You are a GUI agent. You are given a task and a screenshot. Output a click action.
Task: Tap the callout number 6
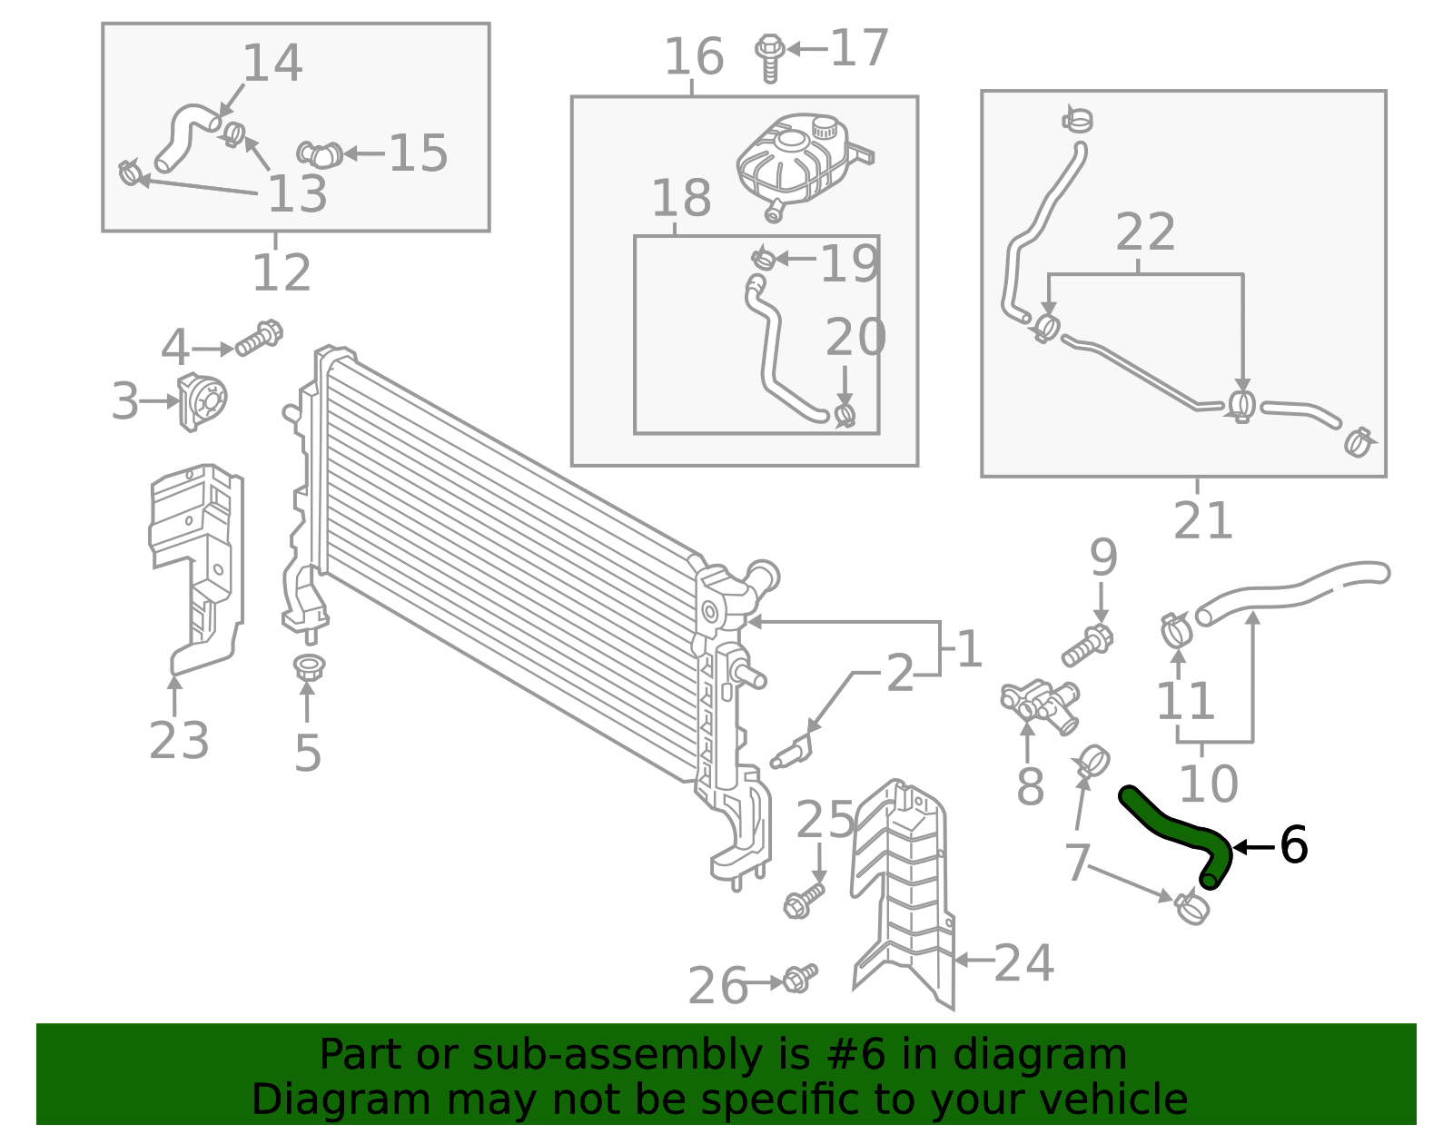(x=1293, y=845)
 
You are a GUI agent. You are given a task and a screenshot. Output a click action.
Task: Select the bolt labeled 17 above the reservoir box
(x=770, y=55)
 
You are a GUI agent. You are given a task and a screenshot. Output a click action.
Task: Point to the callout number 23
(x=179, y=740)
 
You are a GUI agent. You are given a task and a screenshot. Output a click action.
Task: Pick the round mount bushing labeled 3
(x=203, y=401)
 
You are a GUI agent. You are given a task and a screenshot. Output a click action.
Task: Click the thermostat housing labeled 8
(x=1041, y=705)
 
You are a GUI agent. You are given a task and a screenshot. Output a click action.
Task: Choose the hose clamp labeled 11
(x=1177, y=628)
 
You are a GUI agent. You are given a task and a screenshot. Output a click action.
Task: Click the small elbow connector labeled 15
(x=320, y=154)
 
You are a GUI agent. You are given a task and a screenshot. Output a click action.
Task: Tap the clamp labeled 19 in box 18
(x=763, y=260)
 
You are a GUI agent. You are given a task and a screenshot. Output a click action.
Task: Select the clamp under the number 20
(x=845, y=416)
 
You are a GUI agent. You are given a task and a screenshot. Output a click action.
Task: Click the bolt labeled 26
(x=800, y=978)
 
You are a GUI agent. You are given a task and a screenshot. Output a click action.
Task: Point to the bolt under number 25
(x=804, y=899)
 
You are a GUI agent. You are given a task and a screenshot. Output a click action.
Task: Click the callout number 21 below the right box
(x=1202, y=521)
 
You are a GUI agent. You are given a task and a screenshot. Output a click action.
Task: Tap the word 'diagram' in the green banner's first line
(x=1061, y=1055)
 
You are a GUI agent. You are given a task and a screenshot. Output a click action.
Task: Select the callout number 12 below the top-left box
(x=282, y=272)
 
